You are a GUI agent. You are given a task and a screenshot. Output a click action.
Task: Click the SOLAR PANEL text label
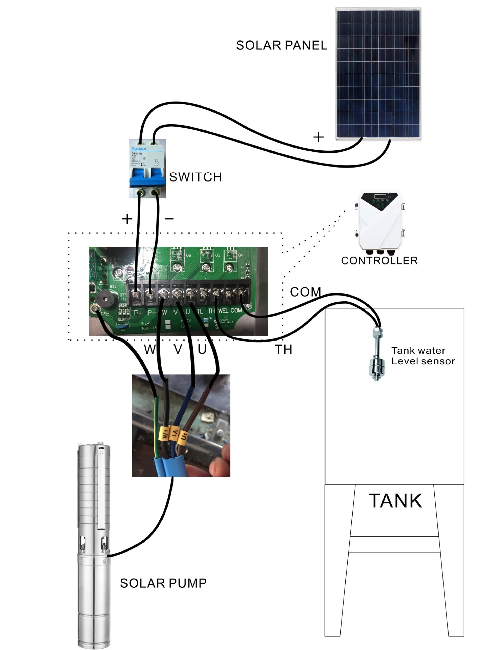coord(281,45)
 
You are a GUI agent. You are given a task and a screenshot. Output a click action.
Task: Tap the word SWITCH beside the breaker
coord(195,177)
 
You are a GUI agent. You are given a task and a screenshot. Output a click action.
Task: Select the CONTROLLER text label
coord(379,261)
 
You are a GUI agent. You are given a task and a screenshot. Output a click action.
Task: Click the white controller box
coord(379,222)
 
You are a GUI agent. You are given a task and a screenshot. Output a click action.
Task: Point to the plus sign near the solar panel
coord(318,137)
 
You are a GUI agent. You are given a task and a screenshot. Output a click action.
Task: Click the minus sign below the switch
coord(169,219)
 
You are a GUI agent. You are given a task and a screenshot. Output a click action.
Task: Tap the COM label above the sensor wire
coord(305,292)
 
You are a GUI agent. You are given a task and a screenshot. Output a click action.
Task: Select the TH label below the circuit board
coord(283,350)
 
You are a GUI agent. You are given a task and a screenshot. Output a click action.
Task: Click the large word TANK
coord(395,501)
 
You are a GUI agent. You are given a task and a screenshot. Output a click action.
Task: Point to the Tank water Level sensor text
coord(423,356)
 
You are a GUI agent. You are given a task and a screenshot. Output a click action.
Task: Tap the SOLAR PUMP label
coord(163,583)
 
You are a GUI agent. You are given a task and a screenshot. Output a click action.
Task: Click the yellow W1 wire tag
coord(165,434)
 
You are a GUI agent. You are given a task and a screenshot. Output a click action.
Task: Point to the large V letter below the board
coord(178,349)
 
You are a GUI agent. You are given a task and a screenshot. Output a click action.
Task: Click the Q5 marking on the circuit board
coord(218,255)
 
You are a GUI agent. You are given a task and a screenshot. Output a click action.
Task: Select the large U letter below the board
coord(202,349)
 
